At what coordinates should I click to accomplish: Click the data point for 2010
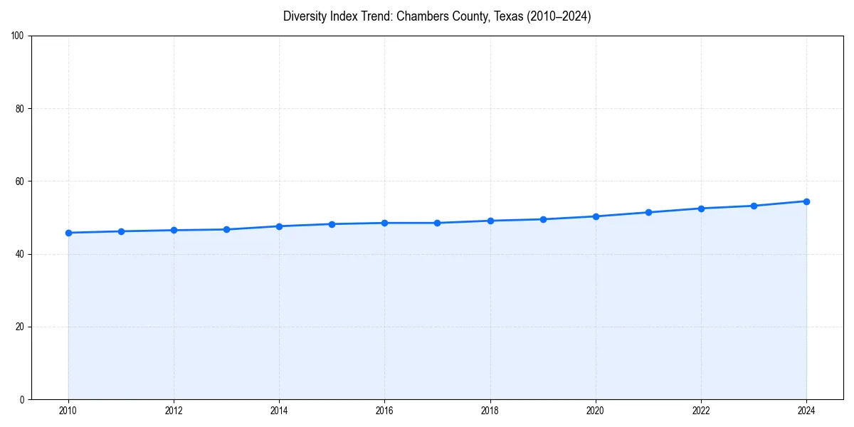pos(68,233)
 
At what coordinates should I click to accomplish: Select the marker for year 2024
pos(806,201)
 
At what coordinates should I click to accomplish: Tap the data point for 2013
pos(226,229)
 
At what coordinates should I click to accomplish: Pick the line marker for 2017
pos(437,223)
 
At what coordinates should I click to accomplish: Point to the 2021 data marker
pos(648,212)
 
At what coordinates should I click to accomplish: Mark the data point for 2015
pos(332,224)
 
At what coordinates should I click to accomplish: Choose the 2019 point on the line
pos(543,219)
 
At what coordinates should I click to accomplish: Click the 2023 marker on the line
pos(754,206)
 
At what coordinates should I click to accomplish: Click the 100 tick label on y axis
pos(19,36)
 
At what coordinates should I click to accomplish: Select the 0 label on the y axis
pos(23,399)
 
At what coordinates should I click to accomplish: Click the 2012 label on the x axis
pos(174,411)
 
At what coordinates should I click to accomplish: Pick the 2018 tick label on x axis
pos(490,411)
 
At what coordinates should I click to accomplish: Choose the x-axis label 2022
pos(701,411)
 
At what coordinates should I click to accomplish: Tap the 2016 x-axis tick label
pos(384,411)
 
